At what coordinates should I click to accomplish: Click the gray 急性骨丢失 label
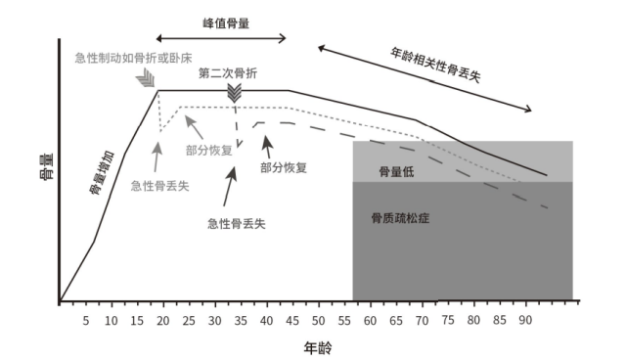pyautogui.click(x=160, y=185)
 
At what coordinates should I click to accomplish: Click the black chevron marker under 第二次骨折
pyautogui.click(x=235, y=93)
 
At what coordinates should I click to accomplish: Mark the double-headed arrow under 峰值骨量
pyautogui.click(x=221, y=39)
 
